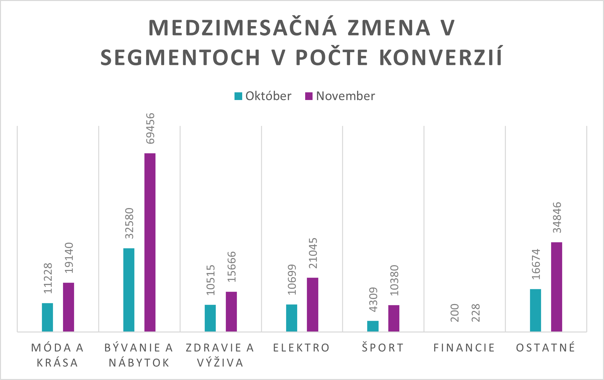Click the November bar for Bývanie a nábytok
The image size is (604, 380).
pyautogui.click(x=150, y=242)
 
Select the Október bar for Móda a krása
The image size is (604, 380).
pyautogui.click(x=47, y=317)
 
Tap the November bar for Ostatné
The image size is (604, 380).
pyautogui.click(x=556, y=287)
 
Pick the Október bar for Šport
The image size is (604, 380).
pyautogui.click(x=373, y=326)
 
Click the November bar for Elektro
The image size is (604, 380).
pyautogui.click(x=313, y=304)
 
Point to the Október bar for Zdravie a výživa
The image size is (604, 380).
pyautogui.click(x=210, y=318)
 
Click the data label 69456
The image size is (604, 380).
pyautogui.click(x=150, y=128)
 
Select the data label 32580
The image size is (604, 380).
pyautogui.click(x=129, y=223)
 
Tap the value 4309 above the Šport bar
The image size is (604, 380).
pyautogui.click(x=373, y=299)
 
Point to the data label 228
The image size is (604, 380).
pyautogui.click(x=476, y=313)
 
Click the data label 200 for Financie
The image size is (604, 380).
pyautogui.click(x=455, y=313)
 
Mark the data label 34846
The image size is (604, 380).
pyautogui.click(x=557, y=217)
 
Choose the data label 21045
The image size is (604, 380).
pyautogui.click(x=313, y=253)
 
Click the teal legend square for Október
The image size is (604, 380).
pyautogui.click(x=238, y=96)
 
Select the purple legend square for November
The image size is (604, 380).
pyautogui.click(x=309, y=96)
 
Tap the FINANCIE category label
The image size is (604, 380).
pyautogui.click(x=464, y=348)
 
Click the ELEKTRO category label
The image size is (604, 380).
pyautogui.click(x=301, y=348)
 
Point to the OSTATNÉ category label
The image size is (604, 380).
pyautogui.click(x=546, y=348)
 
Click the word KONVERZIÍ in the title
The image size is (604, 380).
pyautogui.click(x=441, y=58)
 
